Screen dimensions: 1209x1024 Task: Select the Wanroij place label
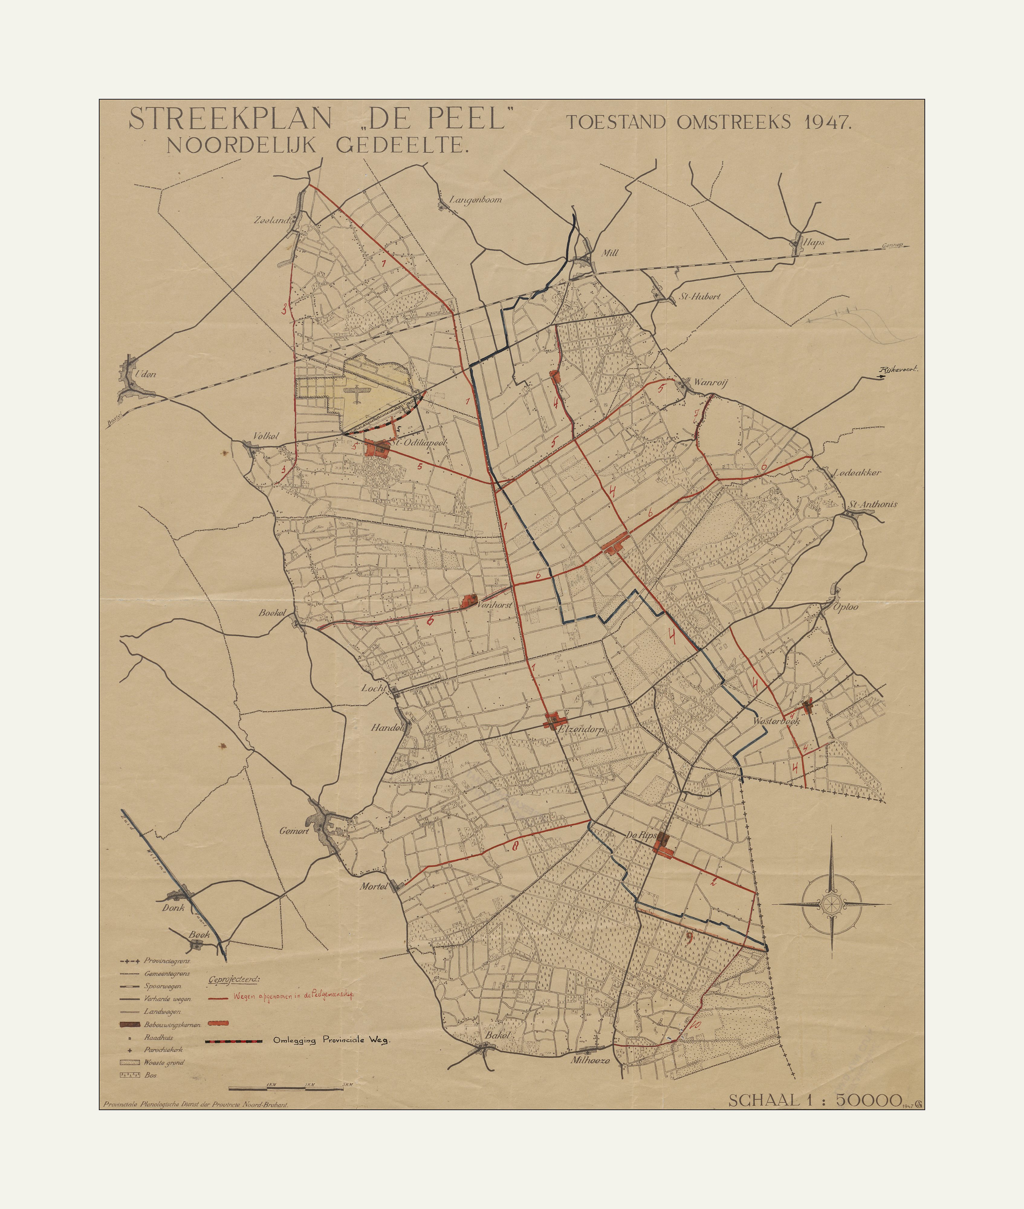[710, 382]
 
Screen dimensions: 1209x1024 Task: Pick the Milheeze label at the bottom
[590, 1060]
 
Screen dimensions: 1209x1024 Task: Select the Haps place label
[814, 243]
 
